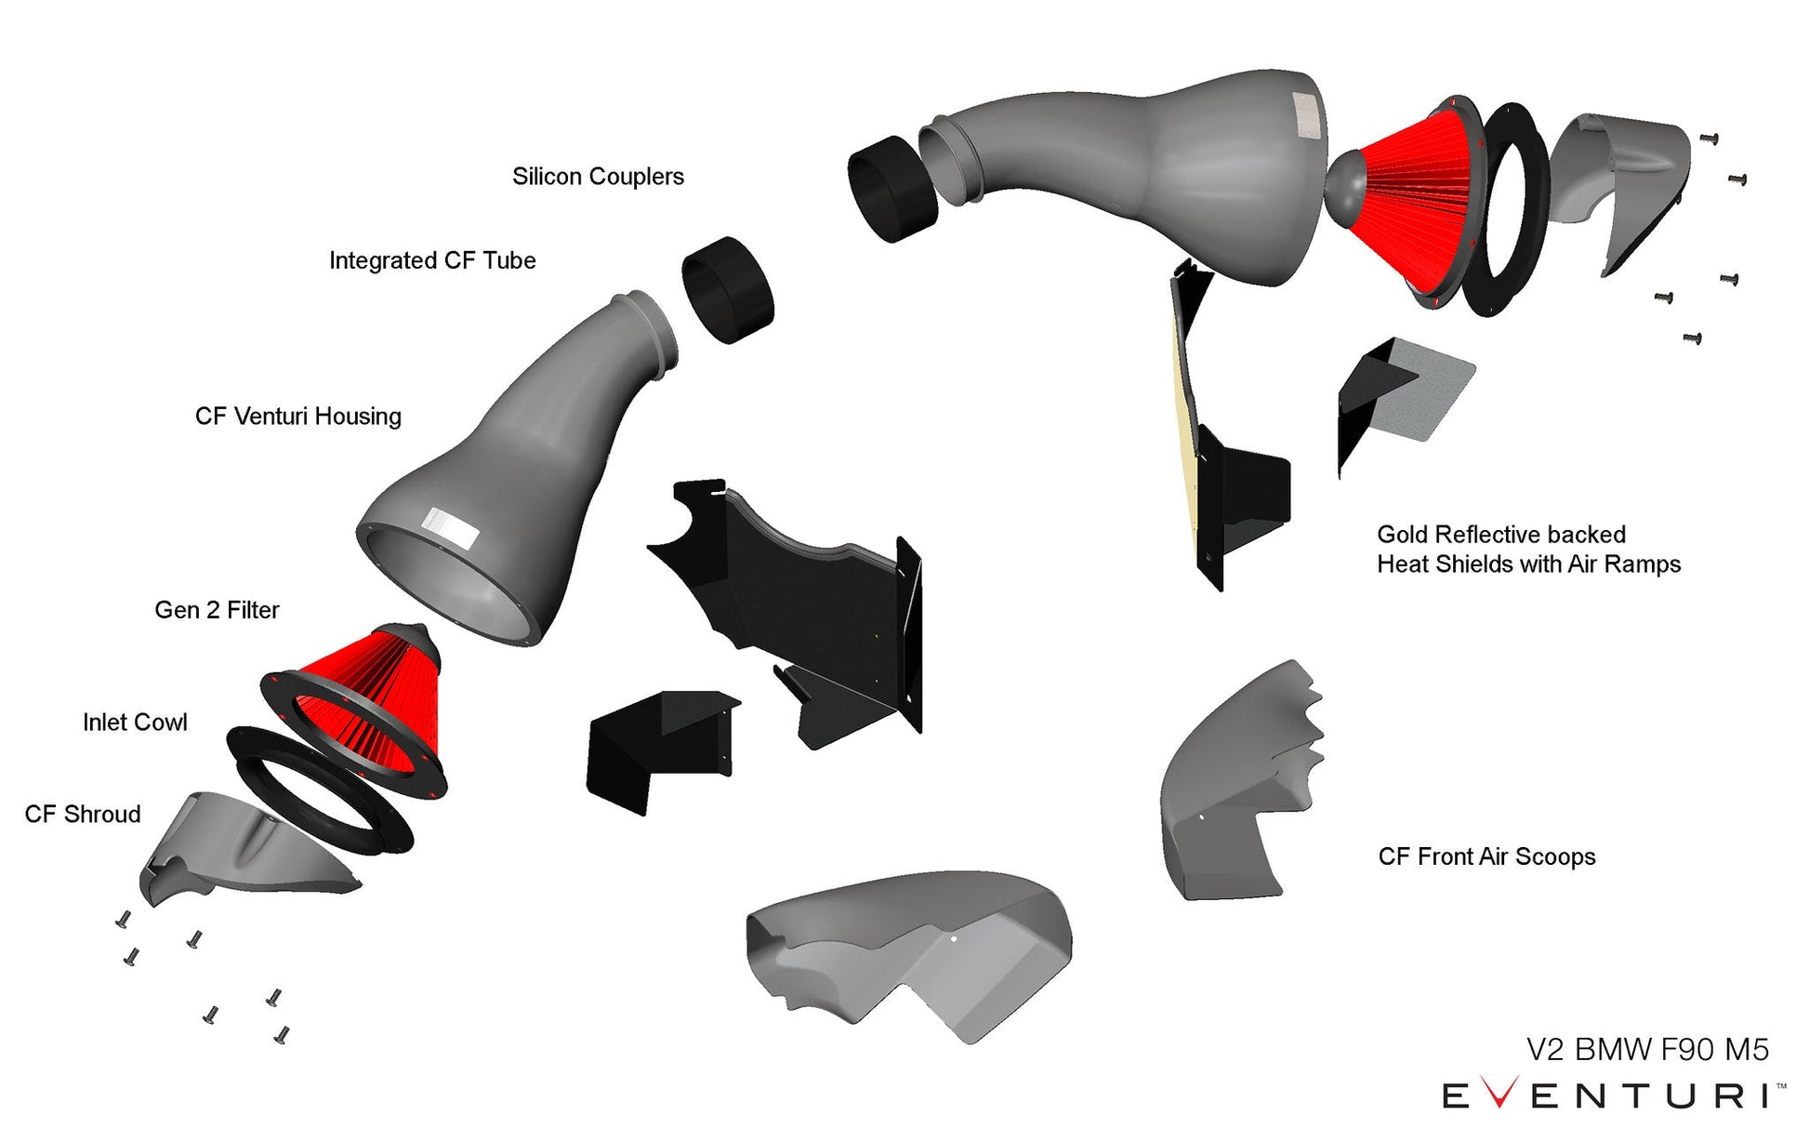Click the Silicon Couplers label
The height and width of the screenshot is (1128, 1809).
coord(598,177)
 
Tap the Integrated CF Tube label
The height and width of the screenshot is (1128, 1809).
coord(432,260)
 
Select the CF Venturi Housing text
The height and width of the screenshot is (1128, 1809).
coord(297,416)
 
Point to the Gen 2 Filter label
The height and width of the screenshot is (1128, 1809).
coord(217,610)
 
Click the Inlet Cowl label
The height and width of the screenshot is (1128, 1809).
coord(135,723)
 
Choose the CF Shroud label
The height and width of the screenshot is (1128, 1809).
coord(83,815)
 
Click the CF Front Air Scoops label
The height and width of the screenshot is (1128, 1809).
coord(1486,856)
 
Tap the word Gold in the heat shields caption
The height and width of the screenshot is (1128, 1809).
coord(1402,535)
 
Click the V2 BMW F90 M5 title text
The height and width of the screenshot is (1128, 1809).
coord(1647,1049)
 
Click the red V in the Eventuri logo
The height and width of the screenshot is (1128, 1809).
coord(1499,1094)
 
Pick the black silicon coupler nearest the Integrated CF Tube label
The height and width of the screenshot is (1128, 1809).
coord(728,289)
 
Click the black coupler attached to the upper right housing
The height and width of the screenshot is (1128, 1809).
coord(891,189)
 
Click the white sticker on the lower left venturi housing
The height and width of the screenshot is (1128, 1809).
coord(450,528)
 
